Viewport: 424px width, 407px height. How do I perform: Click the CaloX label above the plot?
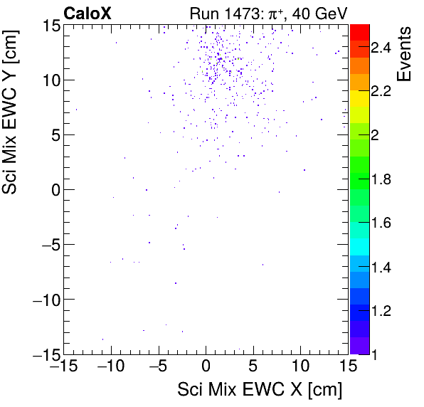tap(87, 13)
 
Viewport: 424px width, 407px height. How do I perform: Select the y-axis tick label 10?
tap(47, 80)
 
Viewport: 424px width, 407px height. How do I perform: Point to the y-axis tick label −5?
tap(43, 245)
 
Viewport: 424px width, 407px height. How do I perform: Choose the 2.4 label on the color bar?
tap(381, 48)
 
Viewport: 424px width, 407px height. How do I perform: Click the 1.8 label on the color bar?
tap(381, 179)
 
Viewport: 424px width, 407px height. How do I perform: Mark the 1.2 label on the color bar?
tap(381, 310)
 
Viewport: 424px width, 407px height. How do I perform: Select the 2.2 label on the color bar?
tap(381, 92)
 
